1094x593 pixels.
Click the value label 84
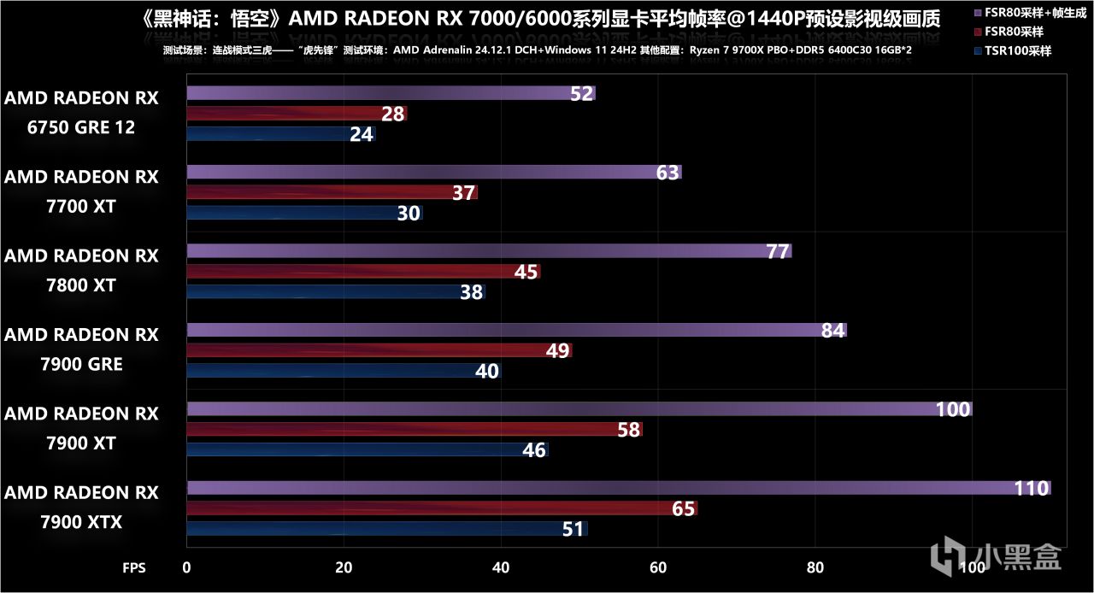coord(832,331)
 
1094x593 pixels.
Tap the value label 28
coord(393,114)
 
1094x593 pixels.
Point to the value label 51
coord(573,530)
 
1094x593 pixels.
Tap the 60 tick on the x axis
coord(657,567)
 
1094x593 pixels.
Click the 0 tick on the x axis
coord(186,567)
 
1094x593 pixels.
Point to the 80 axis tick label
coord(815,567)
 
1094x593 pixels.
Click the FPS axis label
coord(134,567)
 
